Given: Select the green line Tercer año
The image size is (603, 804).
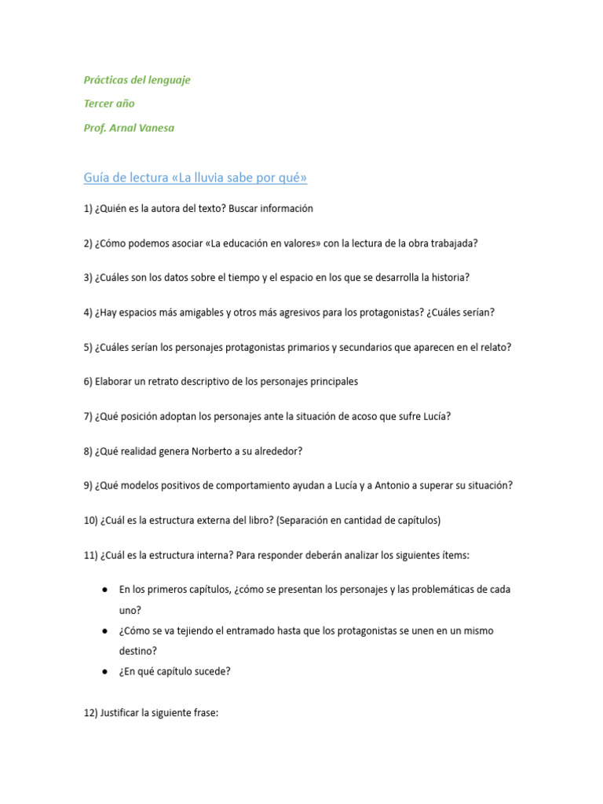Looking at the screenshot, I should tap(109, 104).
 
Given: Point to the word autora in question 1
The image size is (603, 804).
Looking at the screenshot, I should tap(174, 208).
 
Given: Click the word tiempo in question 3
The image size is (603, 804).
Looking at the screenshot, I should tap(236, 277).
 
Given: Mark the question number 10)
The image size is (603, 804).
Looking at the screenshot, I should tap(90, 520).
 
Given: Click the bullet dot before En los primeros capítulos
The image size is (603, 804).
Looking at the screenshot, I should tap(104, 590).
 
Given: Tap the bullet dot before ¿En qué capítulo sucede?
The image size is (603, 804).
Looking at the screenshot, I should tap(104, 671).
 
